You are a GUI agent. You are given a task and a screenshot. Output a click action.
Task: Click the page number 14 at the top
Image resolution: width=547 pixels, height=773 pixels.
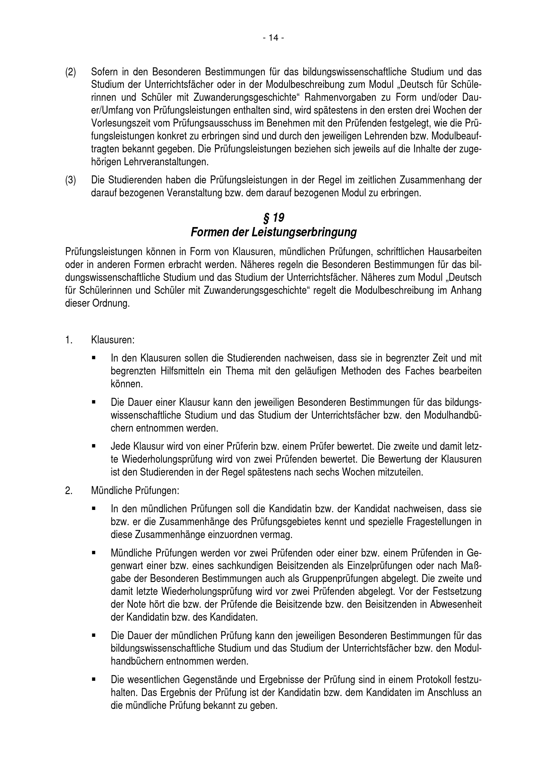tap(273, 38)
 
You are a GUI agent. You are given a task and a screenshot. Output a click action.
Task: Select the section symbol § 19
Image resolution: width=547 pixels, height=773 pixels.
tap(273, 218)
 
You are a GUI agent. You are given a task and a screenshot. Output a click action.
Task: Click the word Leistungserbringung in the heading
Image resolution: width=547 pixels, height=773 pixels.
tap(304, 233)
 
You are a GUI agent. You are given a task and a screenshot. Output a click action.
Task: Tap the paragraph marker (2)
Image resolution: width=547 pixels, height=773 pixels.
tap(70, 72)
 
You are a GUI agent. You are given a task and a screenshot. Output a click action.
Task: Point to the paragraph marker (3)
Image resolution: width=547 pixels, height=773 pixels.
tap(70, 180)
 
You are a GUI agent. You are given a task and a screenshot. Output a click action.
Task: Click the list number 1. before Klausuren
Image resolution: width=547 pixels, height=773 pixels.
tap(69, 340)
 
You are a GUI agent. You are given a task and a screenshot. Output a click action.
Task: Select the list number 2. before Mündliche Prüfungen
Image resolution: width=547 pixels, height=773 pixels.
tap(69, 491)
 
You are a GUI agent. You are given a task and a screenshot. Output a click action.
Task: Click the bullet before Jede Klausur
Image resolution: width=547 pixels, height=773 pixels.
tap(94, 447)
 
